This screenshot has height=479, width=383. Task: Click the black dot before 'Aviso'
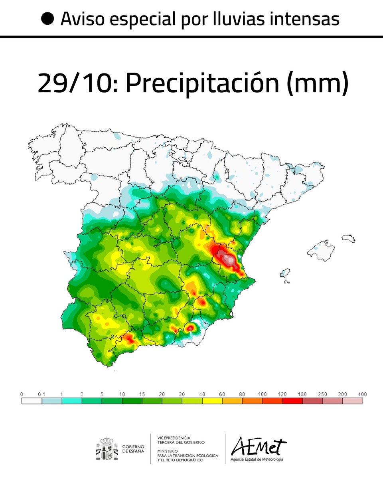48,18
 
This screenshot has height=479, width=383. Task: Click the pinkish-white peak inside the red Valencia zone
229,259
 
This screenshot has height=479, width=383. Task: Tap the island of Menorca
348,238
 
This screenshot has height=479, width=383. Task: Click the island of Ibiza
285,274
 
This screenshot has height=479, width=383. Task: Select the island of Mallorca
321,250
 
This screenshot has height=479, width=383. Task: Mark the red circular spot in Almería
190,328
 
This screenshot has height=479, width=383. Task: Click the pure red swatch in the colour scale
292,400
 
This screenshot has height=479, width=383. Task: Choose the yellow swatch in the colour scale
212,400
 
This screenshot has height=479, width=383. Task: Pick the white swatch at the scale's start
32,400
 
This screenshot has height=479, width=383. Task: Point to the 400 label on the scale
362,394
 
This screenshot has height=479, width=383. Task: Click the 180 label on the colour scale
302,394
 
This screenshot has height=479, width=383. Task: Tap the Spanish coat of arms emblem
107,448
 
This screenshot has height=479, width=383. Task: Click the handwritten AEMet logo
259,446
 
